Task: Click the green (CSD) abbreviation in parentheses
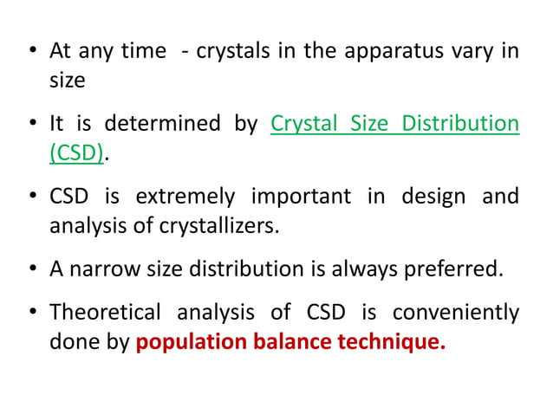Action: tap(76, 154)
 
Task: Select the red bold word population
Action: tap(189, 341)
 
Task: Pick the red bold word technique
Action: tap(392, 341)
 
